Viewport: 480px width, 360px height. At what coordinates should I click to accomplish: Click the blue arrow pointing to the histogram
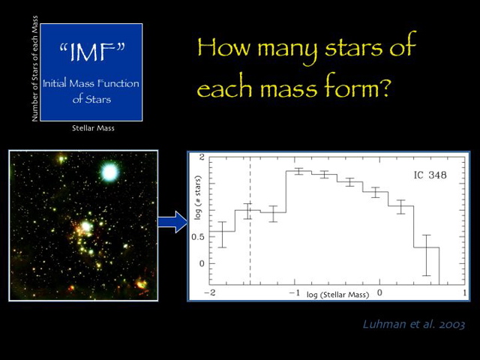tap(172, 222)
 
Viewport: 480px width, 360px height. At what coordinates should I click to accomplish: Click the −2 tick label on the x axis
tap(211, 292)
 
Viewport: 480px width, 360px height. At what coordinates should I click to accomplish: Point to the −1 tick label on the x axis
tap(295, 292)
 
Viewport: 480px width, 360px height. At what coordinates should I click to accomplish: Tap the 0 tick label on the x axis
tap(380, 292)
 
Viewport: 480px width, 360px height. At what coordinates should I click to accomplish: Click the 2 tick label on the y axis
tap(201, 157)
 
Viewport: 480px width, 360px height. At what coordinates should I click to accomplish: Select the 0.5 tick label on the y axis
tap(197, 237)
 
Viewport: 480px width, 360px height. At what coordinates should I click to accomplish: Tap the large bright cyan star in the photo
tap(110, 172)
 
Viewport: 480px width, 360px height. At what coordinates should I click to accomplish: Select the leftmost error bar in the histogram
tap(222, 234)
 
